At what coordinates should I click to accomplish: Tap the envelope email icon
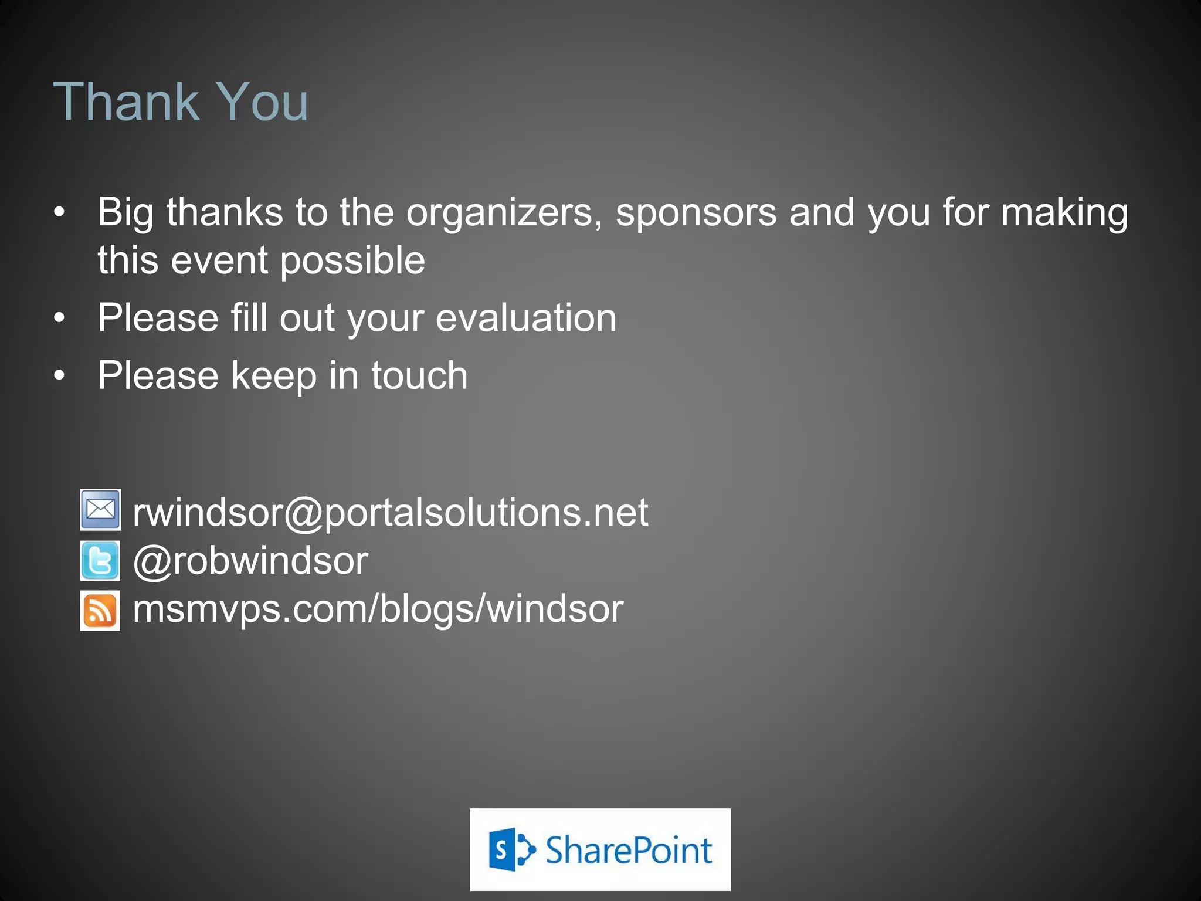pyautogui.click(x=100, y=509)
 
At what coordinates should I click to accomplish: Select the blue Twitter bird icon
pyautogui.click(x=100, y=561)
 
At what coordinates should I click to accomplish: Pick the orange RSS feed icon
pyautogui.click(x=100, y=610)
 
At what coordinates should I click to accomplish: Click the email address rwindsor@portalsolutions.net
pyautogui.click(x=391, y=513)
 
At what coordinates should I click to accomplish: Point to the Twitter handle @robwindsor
pyautogui.click(x=250, y=561)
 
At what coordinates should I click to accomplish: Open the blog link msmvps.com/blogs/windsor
pyautogui.click(x=378, y=609)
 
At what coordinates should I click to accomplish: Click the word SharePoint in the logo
pyautogui.click(x=629, y=851)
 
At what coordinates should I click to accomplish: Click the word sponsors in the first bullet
pyautogui.click(x=696, y=212)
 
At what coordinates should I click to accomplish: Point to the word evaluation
pyautogui.click(x=526, y=318)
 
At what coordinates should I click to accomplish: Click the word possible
pyautogui.click(x=352, y=261)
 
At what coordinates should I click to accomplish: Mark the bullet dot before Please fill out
pyautogui.click(x=59, y=319)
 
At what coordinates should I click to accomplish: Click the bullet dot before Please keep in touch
pyautogui.click(x=59, y=376)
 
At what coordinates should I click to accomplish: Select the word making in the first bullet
pyautogui.click(x=1064, y=212)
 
